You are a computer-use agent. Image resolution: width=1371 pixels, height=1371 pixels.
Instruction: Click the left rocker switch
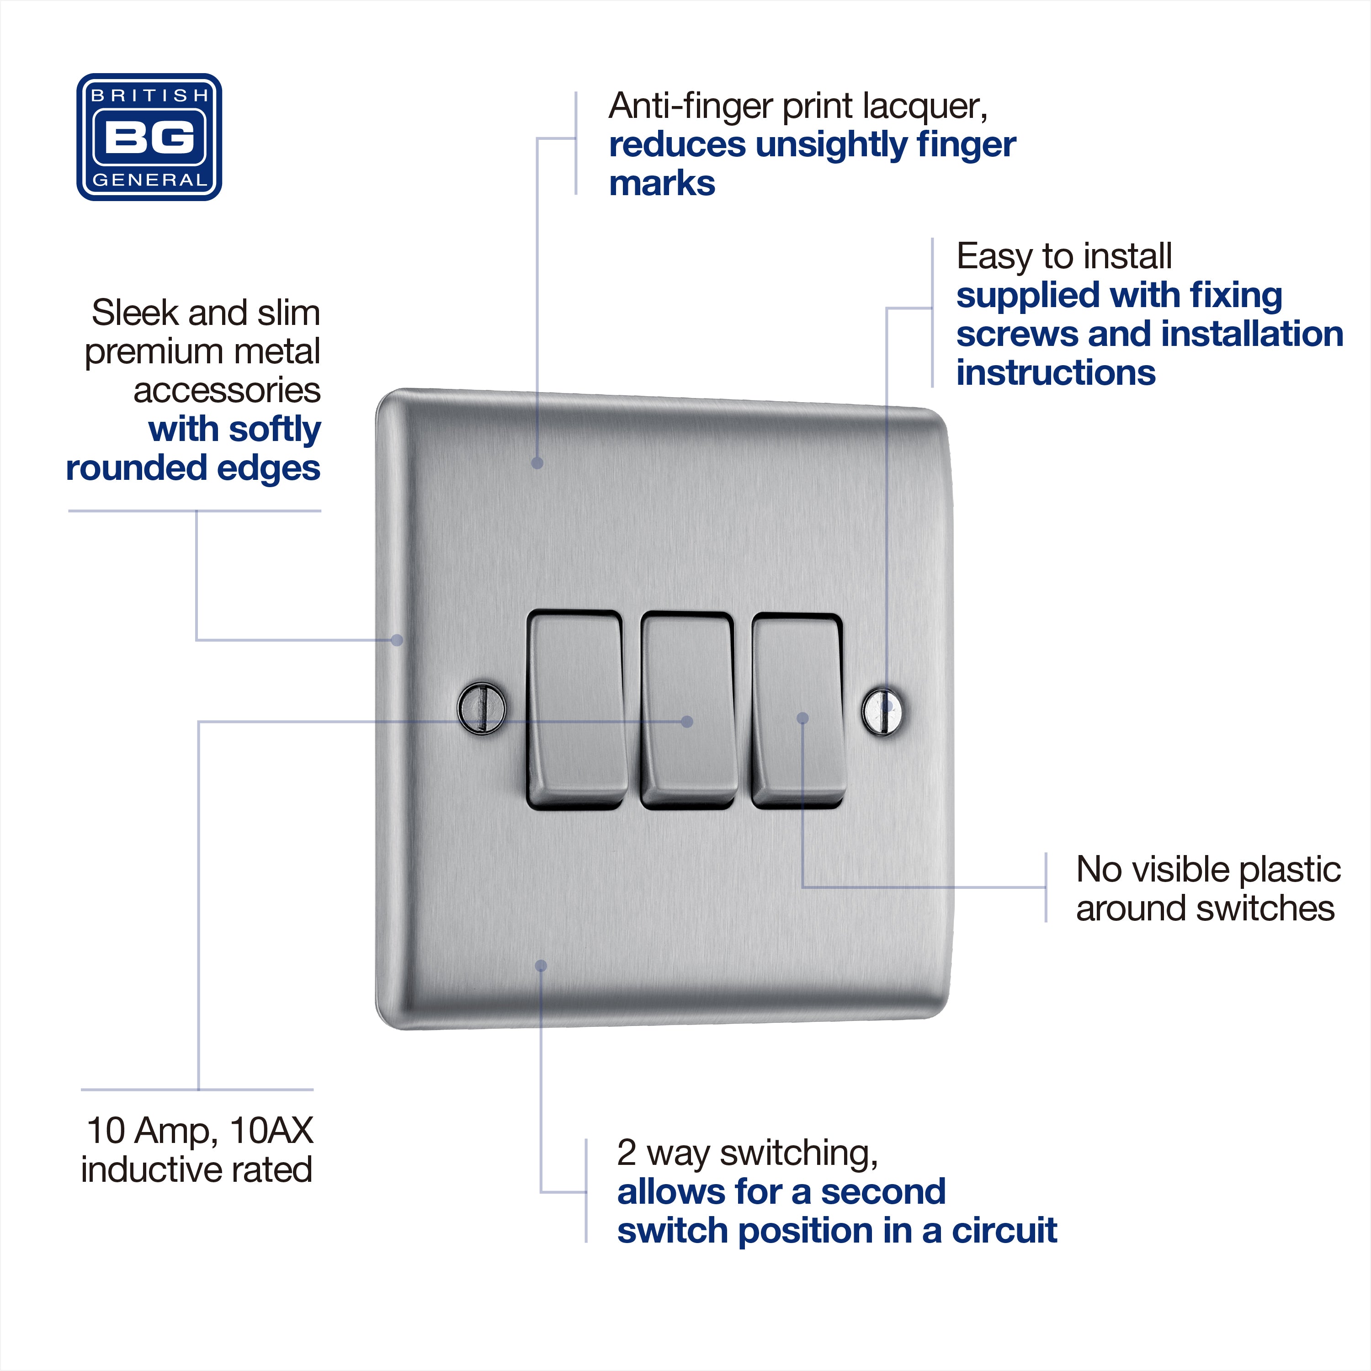[x=576, y=710]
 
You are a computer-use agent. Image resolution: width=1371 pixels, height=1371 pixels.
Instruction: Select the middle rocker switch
[x=687, y=710]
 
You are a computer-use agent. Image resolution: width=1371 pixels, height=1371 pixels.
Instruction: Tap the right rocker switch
[x=797, y=711]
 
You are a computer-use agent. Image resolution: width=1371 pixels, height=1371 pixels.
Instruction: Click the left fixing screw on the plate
[x=482, y=708]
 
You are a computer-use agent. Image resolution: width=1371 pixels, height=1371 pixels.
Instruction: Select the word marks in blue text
[x=662, y=183]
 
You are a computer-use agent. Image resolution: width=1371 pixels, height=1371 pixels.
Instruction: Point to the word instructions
[x=1056, y=372]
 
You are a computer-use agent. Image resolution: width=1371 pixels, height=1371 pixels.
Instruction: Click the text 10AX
[x=272, y=1131]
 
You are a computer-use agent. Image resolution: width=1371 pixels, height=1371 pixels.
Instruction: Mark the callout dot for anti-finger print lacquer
[x=537, y=463]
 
